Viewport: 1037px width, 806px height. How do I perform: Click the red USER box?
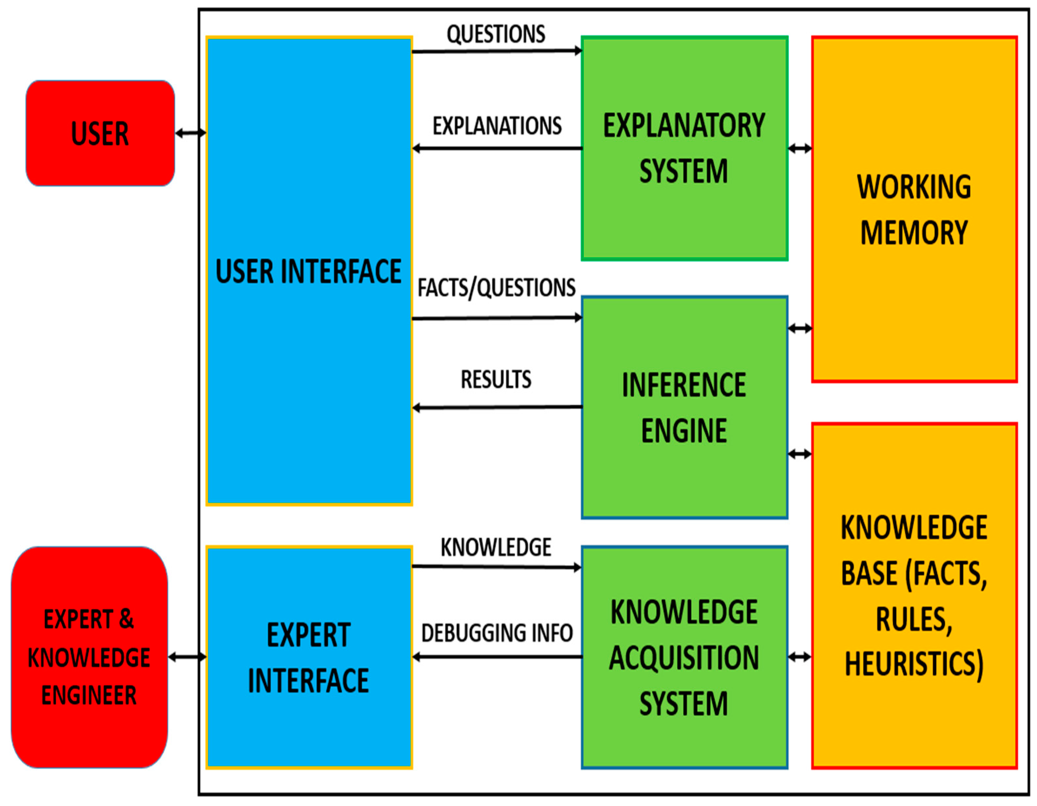[100, 134]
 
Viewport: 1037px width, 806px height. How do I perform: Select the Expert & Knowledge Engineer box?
[89, 657]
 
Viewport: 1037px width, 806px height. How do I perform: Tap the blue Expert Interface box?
[309, 657]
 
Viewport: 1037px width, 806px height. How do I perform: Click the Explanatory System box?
[684, 148]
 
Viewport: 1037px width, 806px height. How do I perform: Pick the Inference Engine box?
[684, 408]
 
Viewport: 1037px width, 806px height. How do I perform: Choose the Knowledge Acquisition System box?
[684, 657]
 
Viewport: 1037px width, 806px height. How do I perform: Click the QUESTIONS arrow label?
[496, 34]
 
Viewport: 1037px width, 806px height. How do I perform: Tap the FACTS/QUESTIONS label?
[497, 288]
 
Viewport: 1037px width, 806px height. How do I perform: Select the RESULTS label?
[496, 379]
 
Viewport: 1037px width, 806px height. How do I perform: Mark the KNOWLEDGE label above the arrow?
[496, 547]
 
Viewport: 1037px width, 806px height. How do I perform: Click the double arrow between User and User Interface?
[191, 133]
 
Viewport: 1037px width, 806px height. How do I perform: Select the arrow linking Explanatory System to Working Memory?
[800, 149]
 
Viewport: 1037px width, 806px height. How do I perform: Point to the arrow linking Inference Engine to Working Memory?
[800, 328]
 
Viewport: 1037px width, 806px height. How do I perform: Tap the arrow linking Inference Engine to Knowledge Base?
[800, 454]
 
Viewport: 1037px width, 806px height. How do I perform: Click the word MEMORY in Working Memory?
[914, 233]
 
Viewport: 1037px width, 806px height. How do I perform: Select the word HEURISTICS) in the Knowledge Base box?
[914, 664]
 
